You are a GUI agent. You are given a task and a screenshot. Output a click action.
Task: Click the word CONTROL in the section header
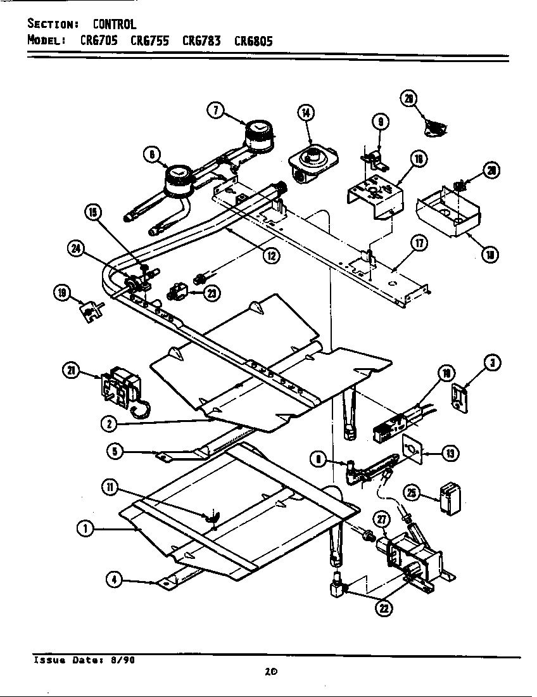click(x=115, y=25)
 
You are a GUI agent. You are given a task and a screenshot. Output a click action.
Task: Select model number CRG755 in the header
click(x=149, y=41)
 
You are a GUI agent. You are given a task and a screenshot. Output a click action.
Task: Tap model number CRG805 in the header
click(x=253, y=41)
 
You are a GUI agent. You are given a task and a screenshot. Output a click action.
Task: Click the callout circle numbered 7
click(x=216, y=110)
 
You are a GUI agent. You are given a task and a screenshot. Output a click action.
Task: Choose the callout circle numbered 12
click(x=271, y=256)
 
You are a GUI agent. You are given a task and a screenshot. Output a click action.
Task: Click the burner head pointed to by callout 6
click(x=179, y=177)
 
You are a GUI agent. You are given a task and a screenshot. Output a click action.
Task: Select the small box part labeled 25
click(x=450, y=499)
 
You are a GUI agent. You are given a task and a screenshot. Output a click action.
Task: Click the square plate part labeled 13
click(x=411, y=449)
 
